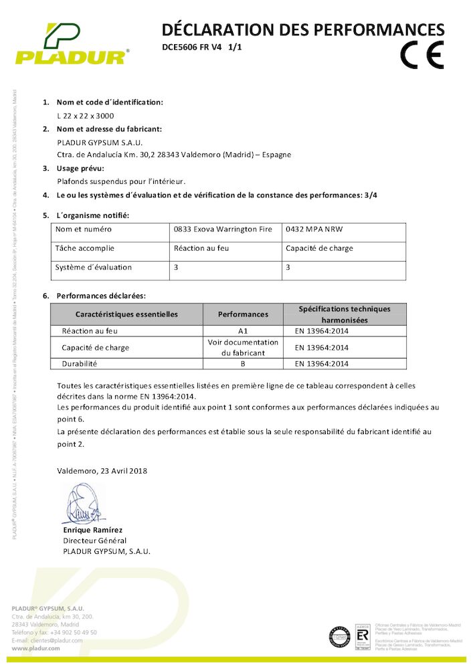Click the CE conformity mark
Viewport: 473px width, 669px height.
point(421,56)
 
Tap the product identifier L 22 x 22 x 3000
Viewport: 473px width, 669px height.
point(85,116)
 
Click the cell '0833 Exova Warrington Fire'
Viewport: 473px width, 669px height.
point(223,229)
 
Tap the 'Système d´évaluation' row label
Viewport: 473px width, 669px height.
point(94,267)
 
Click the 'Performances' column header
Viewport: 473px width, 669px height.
point(243,314)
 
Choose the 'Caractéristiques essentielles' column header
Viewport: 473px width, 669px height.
point(126,314)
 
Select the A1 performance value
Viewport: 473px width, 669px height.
point(243,330)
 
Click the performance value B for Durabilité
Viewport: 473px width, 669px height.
point(243,364)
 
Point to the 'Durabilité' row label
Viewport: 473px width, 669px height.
point(80,364)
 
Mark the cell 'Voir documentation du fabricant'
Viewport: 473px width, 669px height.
point(243,347)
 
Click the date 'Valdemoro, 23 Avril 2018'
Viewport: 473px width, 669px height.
point(102,471)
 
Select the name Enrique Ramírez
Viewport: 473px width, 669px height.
point(93,530)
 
